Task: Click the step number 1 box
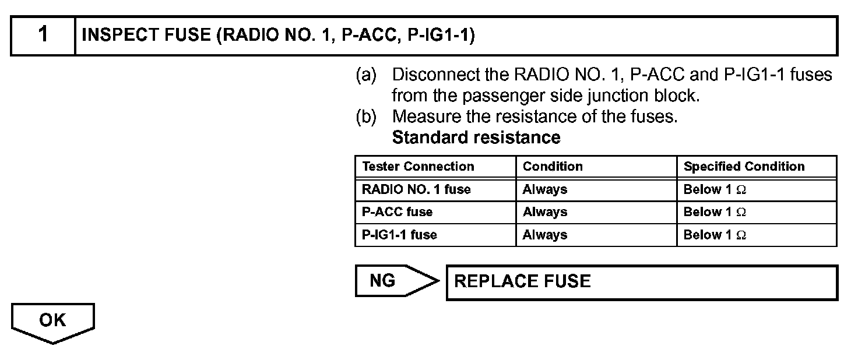click(x=43, y=36)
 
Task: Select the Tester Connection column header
click(x=418, y=167)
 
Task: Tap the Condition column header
click(x=553, y=167)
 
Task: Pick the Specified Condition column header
click(x=744, y=167)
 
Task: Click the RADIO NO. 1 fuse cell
click(x=416, y=189)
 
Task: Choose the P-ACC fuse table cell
click(x=398, y=212)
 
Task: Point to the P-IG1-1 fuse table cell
click(x=399, y=235)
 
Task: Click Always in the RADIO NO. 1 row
click(x=544, y=189)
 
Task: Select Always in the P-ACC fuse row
click(x=544, y=212)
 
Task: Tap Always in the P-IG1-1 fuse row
click(x=544, y=235)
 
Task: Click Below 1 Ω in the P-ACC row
click(x=715, y=212)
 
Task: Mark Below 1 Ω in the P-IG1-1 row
click(x=715, y=235)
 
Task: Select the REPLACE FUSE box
click(x=641, y=283)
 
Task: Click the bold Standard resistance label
click(x=476, y=138)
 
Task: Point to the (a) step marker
click(x=366, y=75)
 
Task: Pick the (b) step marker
click(x=366, y=117)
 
